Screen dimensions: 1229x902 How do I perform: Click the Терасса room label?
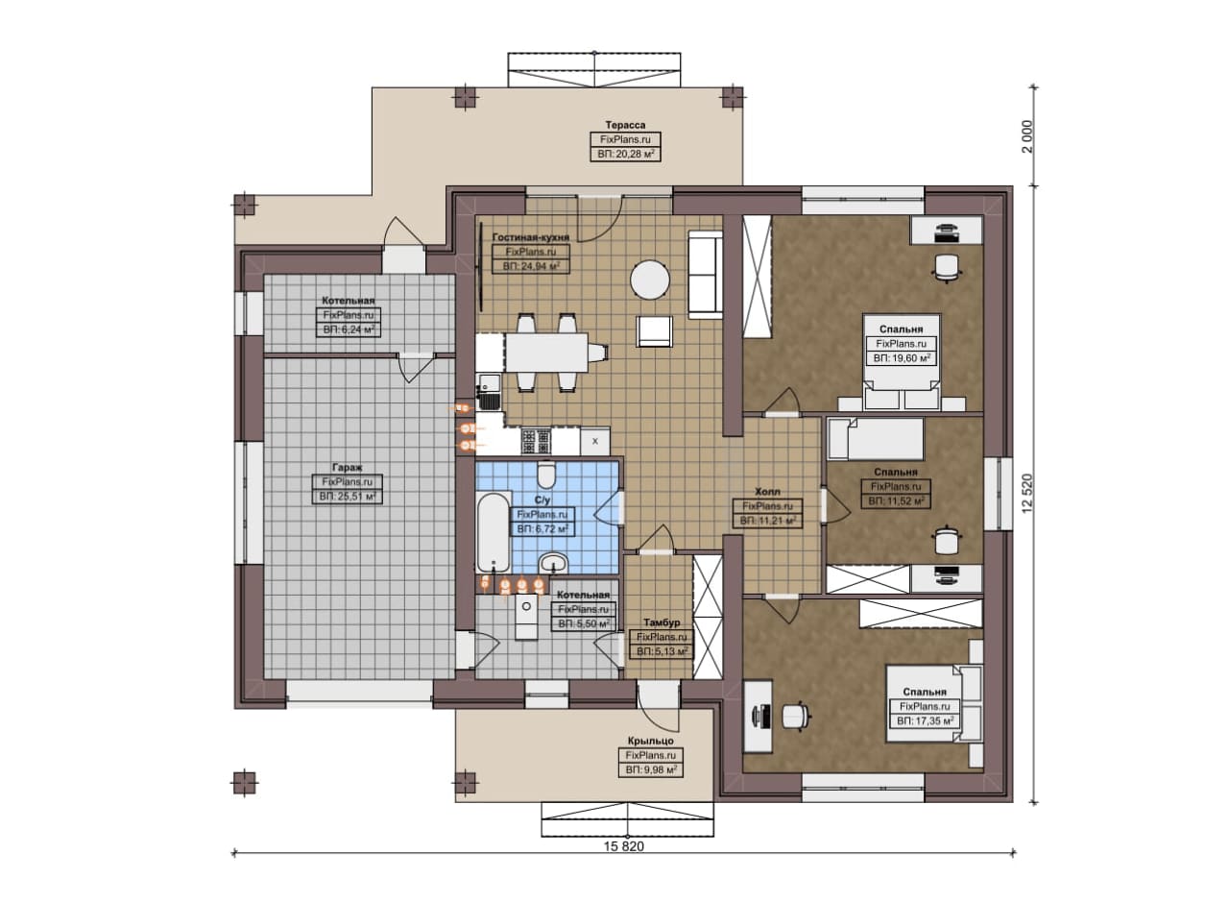625,125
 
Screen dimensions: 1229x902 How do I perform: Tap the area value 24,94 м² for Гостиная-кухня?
531,267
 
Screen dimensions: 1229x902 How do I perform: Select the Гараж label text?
348,468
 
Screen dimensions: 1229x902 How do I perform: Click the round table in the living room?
650,280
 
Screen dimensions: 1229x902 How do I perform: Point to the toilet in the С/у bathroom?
544,475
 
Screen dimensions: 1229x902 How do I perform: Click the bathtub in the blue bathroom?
493,533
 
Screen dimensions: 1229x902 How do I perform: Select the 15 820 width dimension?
624,846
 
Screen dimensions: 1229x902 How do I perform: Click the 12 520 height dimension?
1027,493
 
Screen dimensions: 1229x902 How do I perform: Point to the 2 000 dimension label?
1027,136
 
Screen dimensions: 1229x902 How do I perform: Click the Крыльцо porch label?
651,742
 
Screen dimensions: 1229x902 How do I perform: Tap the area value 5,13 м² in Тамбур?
662,652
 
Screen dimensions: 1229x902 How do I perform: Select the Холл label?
767,492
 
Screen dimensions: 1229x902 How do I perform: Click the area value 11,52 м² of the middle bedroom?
896,501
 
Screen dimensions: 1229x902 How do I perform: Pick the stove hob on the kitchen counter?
536,441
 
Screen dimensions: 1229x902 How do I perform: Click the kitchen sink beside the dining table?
489,392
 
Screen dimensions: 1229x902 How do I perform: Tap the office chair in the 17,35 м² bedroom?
796,717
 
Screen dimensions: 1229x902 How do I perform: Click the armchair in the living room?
655,331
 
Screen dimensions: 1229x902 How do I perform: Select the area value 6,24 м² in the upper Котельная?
349,329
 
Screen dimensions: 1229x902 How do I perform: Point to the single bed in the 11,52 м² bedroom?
875,439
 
